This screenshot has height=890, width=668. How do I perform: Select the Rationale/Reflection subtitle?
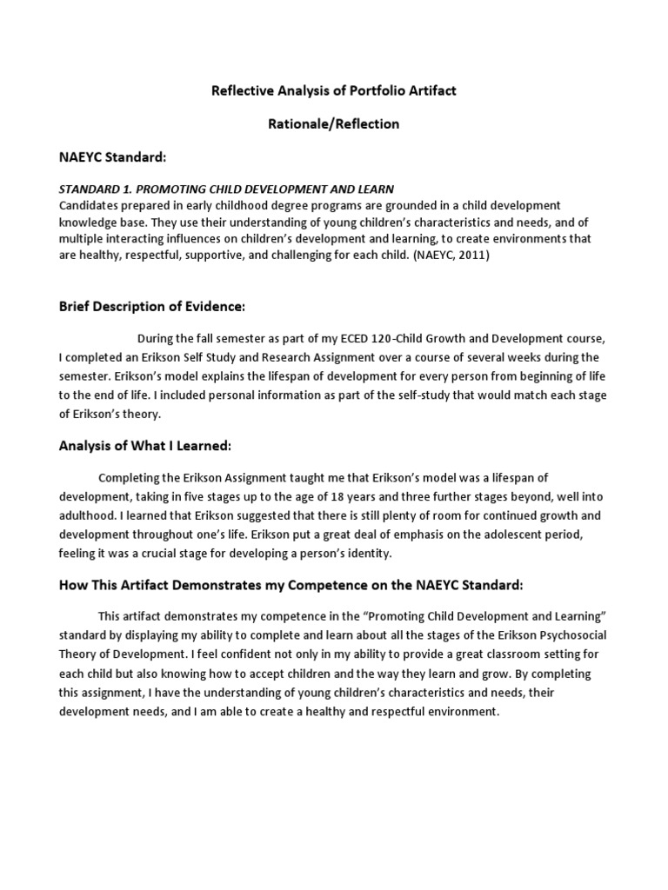coord(333,123)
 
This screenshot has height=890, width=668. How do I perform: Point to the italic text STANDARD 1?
coord(95,189)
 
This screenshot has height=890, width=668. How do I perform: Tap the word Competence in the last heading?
coord(328,585)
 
